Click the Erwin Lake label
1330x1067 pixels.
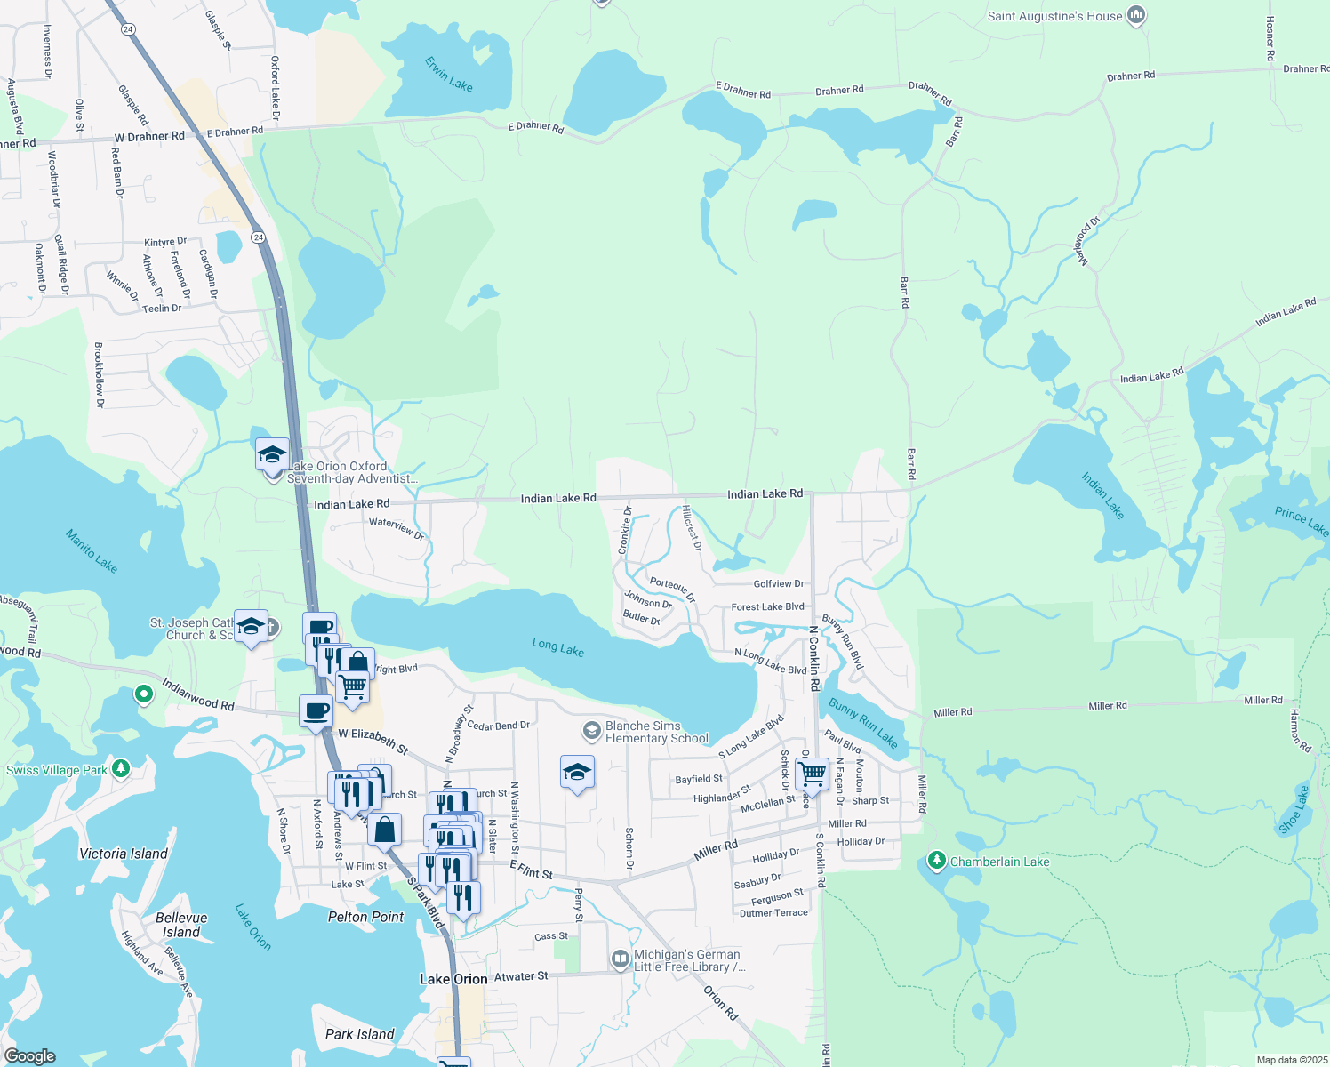click(x=448, y=74)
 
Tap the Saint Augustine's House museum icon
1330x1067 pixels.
click(x=1135, y=15)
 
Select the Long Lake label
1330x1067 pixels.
click(x=557, y=647)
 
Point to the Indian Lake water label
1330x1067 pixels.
click(x=1102, y=495)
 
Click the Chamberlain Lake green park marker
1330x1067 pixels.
click(x=936, y=861)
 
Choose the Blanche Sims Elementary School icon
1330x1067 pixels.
click(x=591, y=731)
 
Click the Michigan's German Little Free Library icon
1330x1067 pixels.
click(x=621, y=959)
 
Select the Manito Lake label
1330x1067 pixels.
click(x=92, y=550)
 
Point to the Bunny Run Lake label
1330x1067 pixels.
click(x=863, y=722)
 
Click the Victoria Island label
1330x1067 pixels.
click(x=124, y=854)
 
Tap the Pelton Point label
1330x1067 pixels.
click(x=365, y=917)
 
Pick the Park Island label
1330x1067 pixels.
click(x=359, y=1034)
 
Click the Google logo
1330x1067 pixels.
click(x=29, y=1056)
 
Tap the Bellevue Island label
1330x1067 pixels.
click(x=181, y=925)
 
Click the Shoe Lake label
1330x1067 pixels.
click(x=1294, y=809)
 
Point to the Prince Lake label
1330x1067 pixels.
click(x=1302, y=521)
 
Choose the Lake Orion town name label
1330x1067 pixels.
click(x=453, y=979)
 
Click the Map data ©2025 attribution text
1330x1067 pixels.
click(x=1292, y=1060)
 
